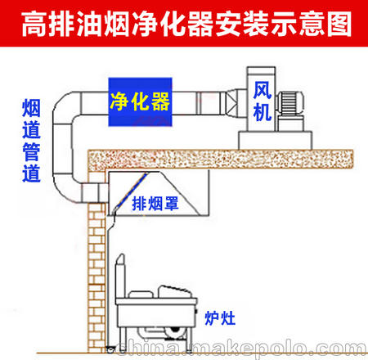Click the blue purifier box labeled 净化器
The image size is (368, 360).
click(140, 102)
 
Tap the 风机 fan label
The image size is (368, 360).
click(262, 101)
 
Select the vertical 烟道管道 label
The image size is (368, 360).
click(31, 141)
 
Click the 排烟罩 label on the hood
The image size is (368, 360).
click(155, 204)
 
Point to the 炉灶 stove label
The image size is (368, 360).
click(220, 318)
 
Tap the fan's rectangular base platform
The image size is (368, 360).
click(276, 140)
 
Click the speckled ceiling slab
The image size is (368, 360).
click(222, 159)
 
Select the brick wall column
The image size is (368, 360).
click(96, 262)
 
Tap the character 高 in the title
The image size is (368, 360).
click(34, 24)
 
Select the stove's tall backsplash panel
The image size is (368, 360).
click(120, 276)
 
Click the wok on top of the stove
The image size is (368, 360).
click(173, 292)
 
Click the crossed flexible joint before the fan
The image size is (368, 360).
click(231, 103)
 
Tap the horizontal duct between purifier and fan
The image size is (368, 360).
click(199, 103)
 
